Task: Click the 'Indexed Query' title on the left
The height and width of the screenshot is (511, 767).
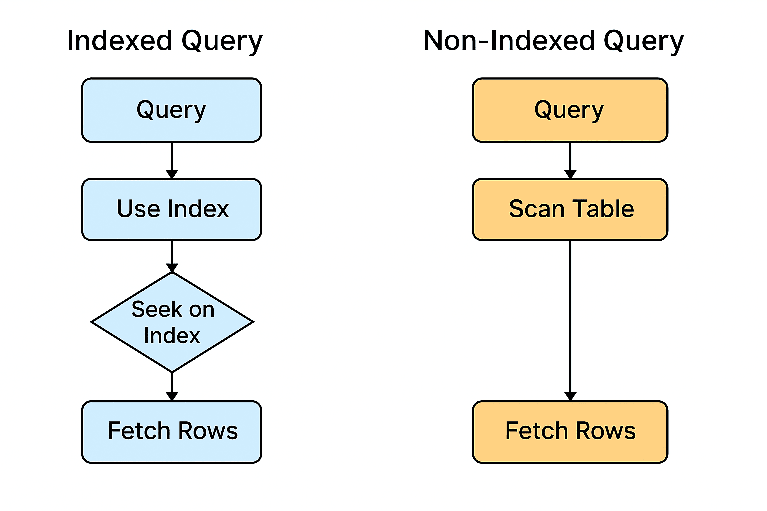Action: point(164,41)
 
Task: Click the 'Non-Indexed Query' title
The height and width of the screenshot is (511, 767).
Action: point(553,41)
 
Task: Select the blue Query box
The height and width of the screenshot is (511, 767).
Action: point(171,110)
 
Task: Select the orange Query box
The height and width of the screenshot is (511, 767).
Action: point(569,110)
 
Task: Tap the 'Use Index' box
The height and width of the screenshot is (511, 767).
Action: point(171,209)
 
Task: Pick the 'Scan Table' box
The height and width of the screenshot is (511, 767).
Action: point(569,209)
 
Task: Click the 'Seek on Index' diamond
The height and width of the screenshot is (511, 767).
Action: point(172,322)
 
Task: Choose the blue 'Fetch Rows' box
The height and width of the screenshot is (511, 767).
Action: point(171,432)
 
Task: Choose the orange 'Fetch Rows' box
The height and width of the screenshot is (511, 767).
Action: point(569,432)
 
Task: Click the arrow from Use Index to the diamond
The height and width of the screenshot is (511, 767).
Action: point(172,255)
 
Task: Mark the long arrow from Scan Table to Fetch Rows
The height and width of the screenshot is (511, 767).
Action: point(570,319)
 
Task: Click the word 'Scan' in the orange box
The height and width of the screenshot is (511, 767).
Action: point(536,209)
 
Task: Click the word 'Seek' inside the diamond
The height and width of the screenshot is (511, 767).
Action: point(152,310)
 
